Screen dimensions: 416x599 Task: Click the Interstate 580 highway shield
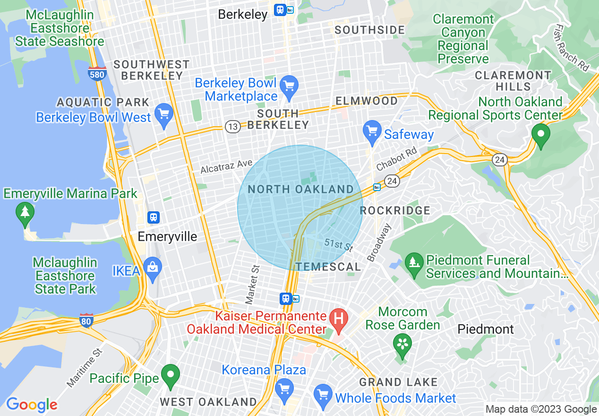click(x=97, y=74)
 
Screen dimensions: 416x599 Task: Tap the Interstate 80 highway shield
click(x=86, y=320)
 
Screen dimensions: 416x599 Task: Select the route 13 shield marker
click(x=232, y=126)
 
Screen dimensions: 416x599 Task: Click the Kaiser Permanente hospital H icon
click(x=338, y=317)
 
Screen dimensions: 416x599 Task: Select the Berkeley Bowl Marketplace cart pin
click(x=289, y=87)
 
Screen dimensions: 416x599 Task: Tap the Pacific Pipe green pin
click(x=171, y=375)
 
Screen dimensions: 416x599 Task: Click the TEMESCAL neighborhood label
click(x=328, y=267)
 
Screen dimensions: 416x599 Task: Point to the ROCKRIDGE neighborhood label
click(x=395, y=210)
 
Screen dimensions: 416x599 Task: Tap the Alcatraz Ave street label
click(x=226, y=166)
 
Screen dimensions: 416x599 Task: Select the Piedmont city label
click(x=486, y=329)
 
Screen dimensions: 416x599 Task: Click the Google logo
click(x=32, y=405)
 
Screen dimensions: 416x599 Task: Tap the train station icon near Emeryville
click(x=153, y=217)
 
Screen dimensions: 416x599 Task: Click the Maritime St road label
click(x=85, y=368)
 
